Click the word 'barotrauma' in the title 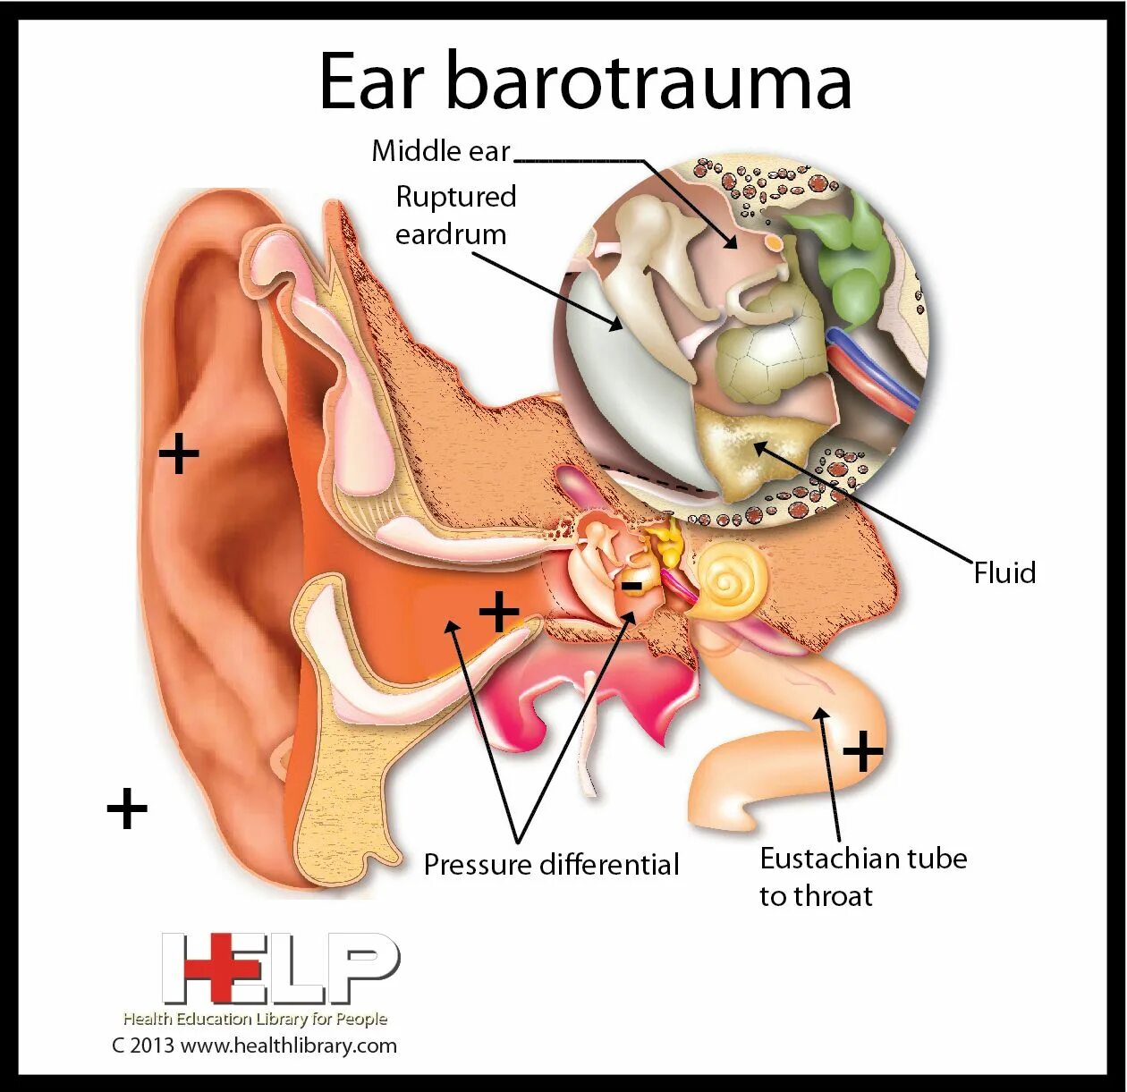648,81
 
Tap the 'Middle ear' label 440,151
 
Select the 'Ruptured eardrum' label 455,216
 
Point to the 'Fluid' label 1004,572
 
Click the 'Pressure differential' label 551,865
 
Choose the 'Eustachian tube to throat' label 862,876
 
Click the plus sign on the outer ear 178,454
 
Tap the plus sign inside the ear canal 499,613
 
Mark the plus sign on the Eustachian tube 863,751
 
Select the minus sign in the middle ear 631,586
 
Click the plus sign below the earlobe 127,809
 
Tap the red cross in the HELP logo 210,967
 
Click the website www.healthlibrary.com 288,1045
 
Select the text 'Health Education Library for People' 255,1019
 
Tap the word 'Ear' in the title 370,81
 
